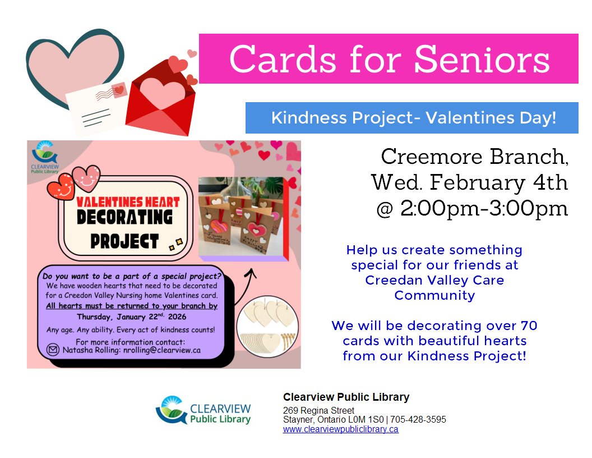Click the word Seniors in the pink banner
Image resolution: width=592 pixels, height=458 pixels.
[x=482, y=59]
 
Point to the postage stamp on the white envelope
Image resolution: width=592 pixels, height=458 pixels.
[x=119, y=90]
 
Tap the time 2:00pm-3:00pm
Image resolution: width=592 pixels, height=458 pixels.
[x=484, y=209]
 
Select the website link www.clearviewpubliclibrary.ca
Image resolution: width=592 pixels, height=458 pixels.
[x=340, y=429]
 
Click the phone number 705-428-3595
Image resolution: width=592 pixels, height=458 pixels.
[x=418, y=419]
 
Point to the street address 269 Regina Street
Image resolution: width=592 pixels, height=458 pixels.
[x=318, y=410]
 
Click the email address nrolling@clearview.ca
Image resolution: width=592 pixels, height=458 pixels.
[x=162, y=350]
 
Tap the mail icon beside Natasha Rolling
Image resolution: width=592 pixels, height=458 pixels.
[x=53, y=350]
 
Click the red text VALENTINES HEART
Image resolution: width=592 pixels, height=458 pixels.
[x=128, y=202]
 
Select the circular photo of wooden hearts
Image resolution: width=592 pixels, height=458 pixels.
[x=267, y=327]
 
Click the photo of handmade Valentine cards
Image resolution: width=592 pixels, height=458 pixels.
[x=241, y=217]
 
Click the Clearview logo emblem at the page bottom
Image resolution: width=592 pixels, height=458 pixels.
[x=172, y=410]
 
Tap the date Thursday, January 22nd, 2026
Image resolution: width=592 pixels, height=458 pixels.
[x=131, y=317]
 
